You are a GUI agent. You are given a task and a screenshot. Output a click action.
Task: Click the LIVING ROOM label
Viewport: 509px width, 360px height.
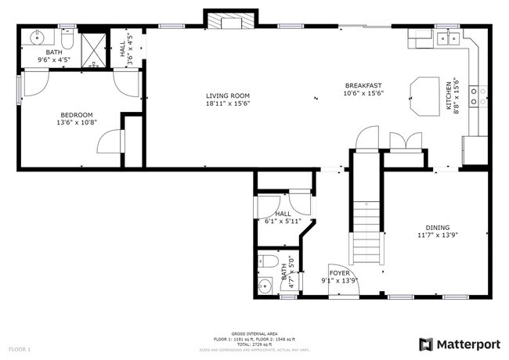228,95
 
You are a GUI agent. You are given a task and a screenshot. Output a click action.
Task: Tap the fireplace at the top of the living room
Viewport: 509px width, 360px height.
230,21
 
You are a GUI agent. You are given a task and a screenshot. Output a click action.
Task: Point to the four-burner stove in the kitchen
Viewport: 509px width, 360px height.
478,96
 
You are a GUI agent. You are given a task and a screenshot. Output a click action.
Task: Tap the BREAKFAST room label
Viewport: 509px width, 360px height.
363,85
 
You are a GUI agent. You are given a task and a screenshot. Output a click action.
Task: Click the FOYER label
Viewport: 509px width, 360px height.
339,273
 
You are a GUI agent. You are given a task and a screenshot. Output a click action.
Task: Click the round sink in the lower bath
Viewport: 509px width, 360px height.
264,286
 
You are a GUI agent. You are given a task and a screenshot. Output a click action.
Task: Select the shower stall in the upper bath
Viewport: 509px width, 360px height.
96,49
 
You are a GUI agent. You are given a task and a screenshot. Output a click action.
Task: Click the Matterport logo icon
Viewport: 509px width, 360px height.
426,344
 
